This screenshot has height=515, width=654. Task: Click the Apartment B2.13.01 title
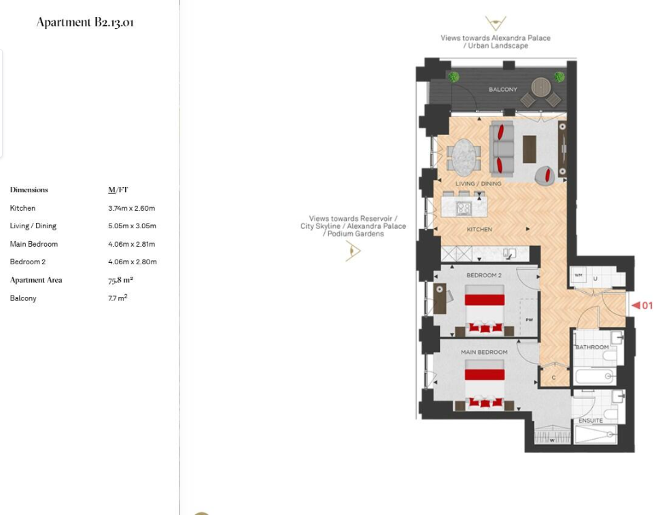pyautogui.click(x=85, y=22)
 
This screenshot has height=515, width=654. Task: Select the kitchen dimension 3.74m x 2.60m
pyautogui.click(x=131, y=208)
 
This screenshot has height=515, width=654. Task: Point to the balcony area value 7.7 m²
pyautogui.click(x=117, y=298)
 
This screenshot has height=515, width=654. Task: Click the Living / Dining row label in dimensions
pyautogui.click(x=33, y=226)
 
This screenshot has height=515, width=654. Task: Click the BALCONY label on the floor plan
pyautogui.click(x=502, y=90)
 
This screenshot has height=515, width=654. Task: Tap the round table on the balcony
pyautogui.click(x=540, y=86)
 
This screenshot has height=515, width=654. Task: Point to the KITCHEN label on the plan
pyautogui.click(x=479, y=230)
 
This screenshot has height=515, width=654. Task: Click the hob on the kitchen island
pyautogui.click(x=464, y=209)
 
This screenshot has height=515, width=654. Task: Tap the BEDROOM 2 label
pyautogui.click(x=483, y=275)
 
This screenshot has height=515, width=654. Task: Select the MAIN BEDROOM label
pyautogui.click(x=483, y=352)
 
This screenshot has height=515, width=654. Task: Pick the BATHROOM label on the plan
pyautogui.click(x=592, y=347)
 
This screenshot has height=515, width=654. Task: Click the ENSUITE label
pyautogui.click(x=590, y=421)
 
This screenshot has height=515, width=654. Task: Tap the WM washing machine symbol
pyautogui.click(x=579, y=275)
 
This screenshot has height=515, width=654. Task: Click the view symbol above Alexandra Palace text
pyautogui.click(x=495, y=24)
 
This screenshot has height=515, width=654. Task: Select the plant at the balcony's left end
pyautogui.click(x=453, y=77)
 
